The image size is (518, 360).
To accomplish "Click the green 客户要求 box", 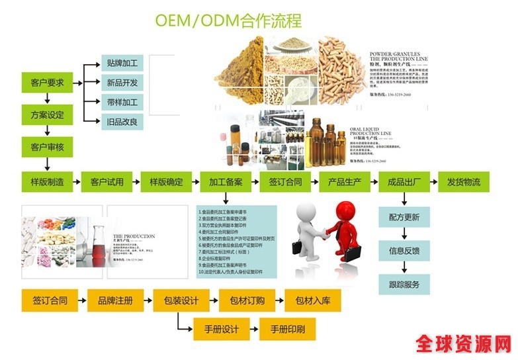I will tap(48, 83).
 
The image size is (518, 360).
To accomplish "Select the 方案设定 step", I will tap(48, 115).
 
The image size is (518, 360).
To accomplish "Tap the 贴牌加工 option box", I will tap(122, 64).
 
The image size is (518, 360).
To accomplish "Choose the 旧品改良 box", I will tap(122, 121).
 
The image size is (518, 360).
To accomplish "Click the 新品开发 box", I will tap(122, 83).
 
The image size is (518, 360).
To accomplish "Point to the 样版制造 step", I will tap(48, 182).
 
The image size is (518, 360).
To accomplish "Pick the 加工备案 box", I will tap(226, 182).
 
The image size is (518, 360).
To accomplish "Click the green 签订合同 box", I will tap(285, 182).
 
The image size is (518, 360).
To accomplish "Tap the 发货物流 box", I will tap(464, 182).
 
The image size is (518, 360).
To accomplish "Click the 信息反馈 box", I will tap(404, 251).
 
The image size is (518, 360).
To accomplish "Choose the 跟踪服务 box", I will tap(404, 285).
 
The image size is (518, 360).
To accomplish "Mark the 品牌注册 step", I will tap(115, 300).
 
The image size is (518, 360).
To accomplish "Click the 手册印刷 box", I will tap(287, 329).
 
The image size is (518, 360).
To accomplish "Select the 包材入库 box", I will tap(313, 300).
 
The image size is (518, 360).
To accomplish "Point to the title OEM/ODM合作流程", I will tap(228, 20).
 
